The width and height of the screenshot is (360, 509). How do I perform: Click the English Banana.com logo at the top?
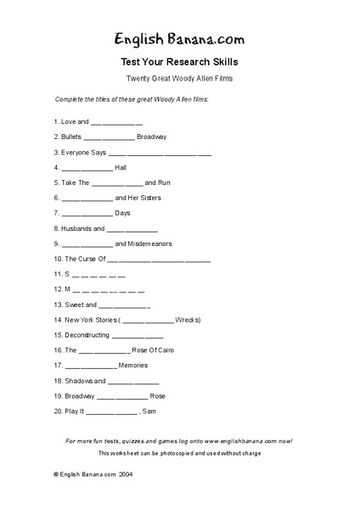179,37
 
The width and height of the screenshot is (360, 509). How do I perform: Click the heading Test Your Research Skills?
179,63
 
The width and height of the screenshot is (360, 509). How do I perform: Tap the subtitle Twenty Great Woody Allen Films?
179,79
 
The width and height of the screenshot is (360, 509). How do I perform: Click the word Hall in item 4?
121,167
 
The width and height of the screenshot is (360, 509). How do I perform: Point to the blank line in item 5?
116,182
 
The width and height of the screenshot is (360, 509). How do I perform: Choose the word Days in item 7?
122,213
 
